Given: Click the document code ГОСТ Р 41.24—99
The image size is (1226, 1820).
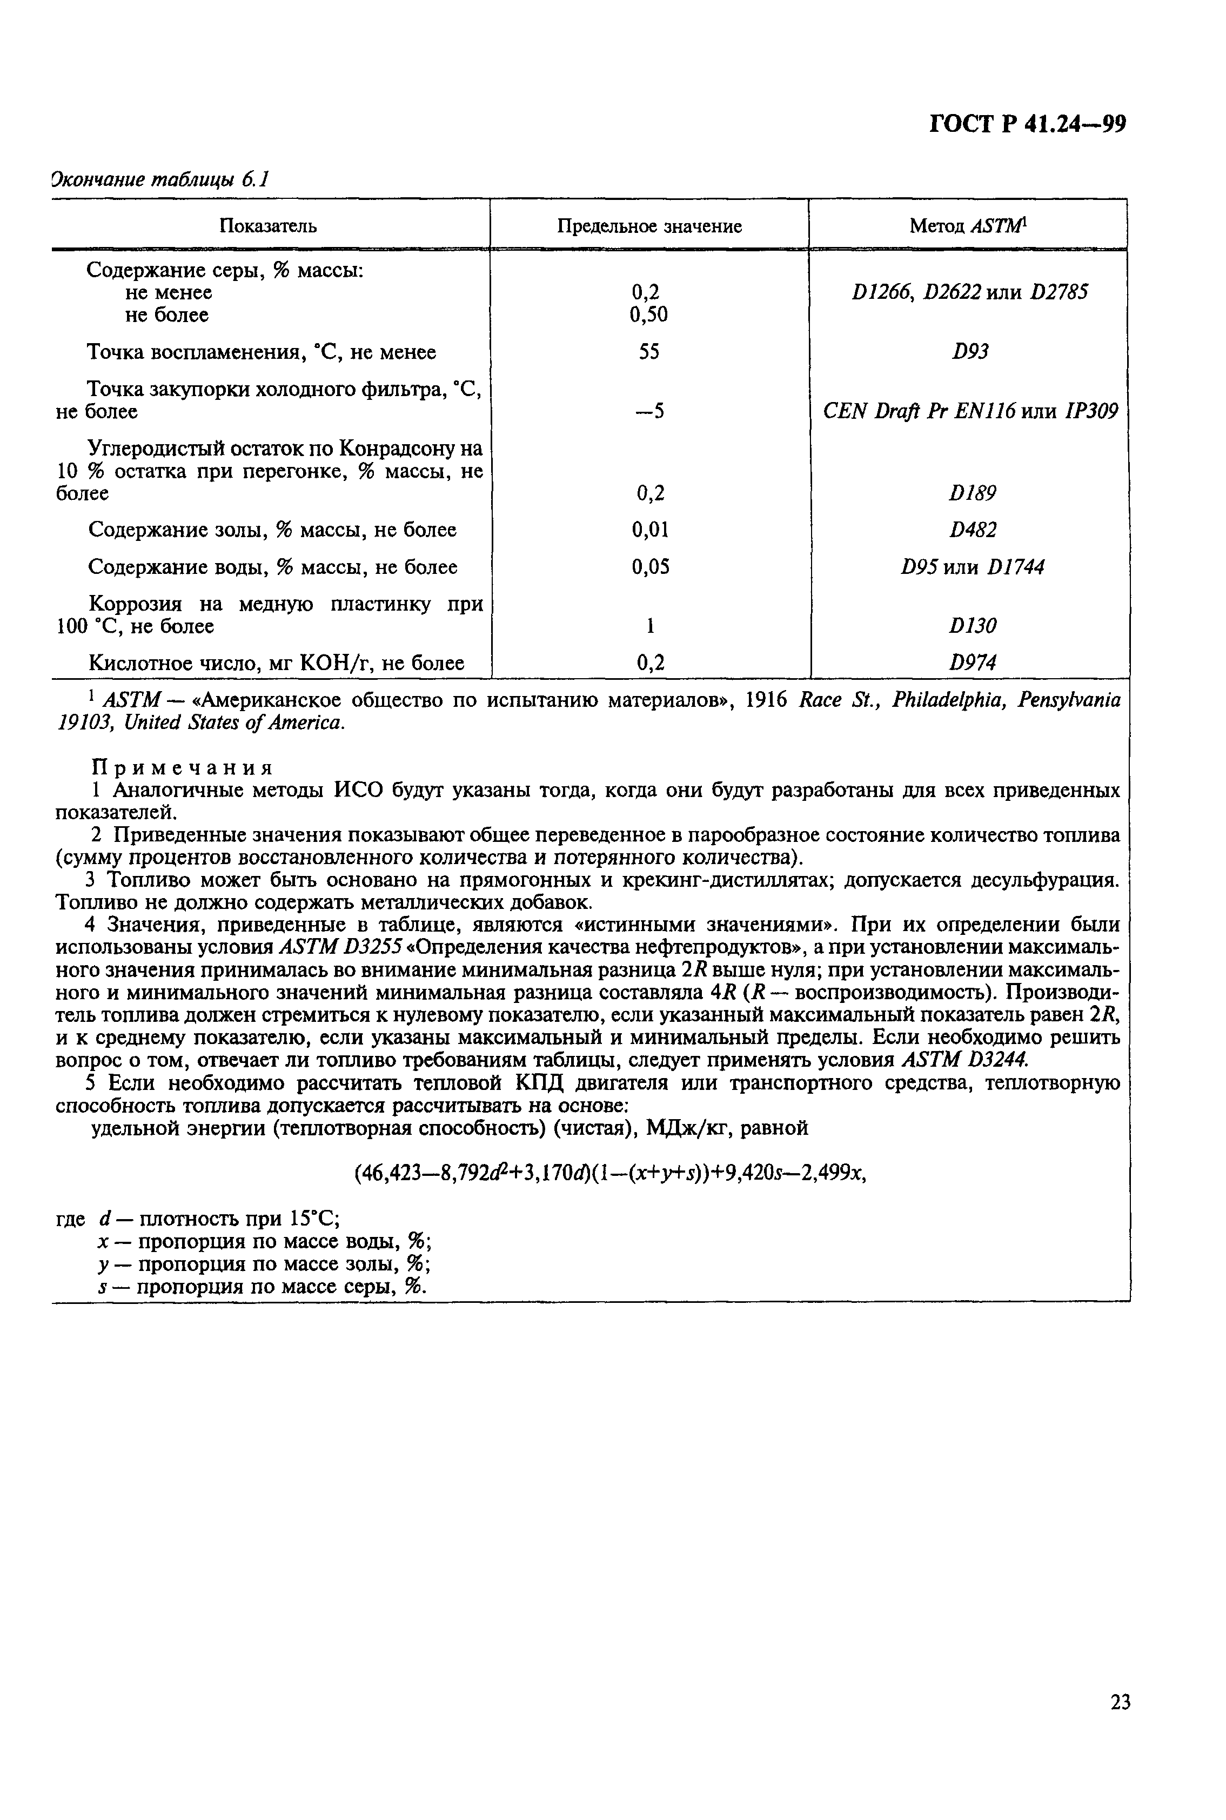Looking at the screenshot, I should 1027,124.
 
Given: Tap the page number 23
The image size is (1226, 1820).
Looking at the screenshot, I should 1120,1723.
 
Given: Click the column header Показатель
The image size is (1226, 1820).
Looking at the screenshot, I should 268,227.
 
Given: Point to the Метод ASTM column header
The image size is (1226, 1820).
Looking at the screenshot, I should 967,227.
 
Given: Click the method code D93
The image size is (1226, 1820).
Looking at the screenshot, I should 969,352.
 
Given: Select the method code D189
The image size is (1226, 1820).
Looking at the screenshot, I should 972,493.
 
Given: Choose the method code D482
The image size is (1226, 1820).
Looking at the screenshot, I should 972,530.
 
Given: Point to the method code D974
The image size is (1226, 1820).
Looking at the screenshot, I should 972,664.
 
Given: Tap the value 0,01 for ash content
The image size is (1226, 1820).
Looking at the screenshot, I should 650,530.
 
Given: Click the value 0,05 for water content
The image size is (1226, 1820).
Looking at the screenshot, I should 650,567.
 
